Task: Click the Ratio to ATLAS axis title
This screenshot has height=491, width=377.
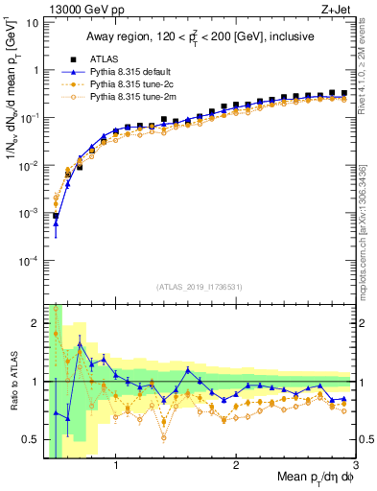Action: [12, 383]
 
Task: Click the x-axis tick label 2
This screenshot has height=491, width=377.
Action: [236, 467]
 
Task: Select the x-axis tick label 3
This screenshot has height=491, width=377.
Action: [356, 467]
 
